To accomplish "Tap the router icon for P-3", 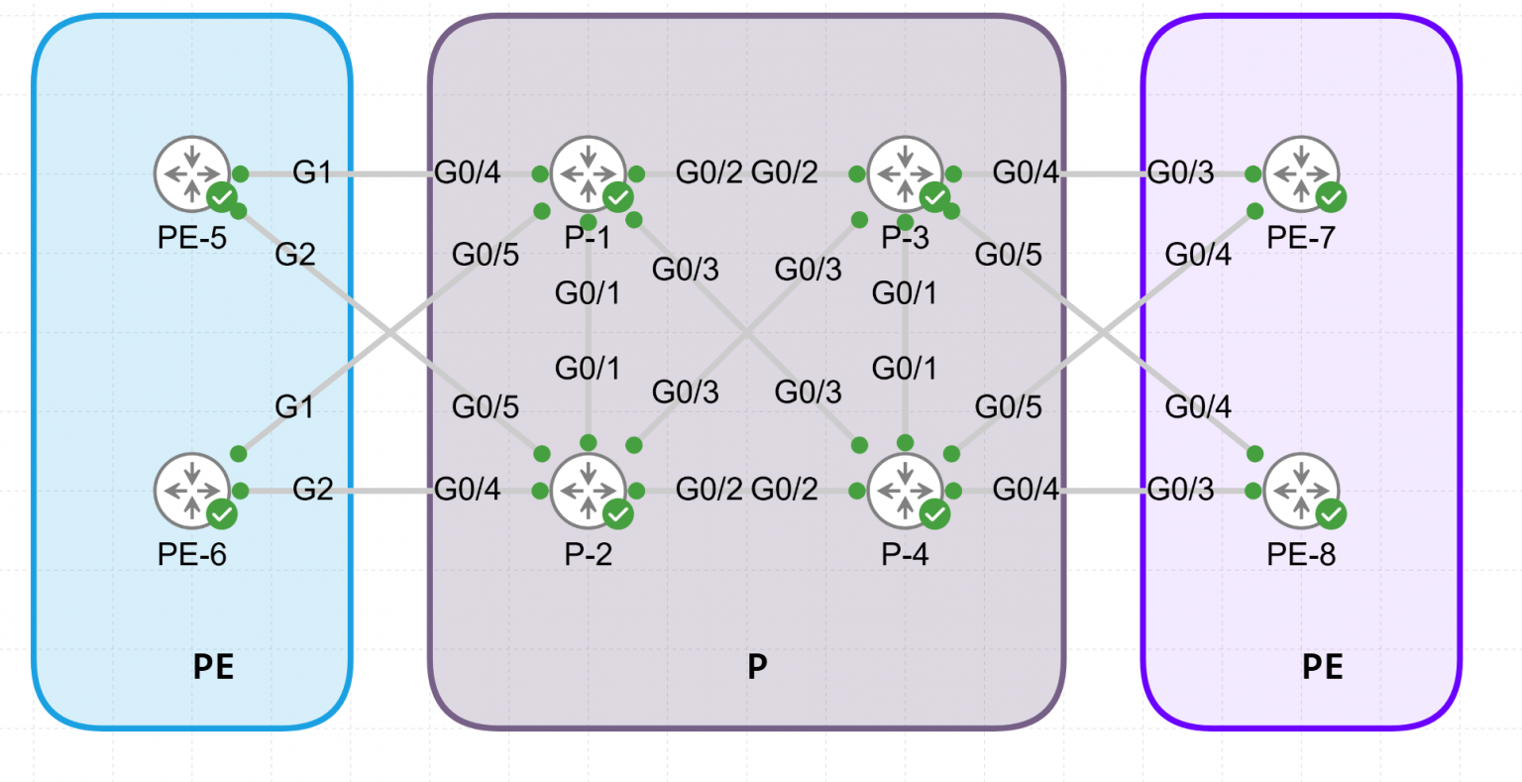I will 905,173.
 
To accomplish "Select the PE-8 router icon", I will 1301,491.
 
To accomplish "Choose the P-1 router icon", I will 589,173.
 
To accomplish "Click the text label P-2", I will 589,554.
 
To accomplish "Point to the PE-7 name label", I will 1301,238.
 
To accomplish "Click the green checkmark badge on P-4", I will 933,514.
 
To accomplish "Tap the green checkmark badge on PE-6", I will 222,514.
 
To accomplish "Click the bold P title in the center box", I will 757,667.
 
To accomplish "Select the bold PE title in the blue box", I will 213,667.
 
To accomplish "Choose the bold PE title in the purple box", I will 1322,667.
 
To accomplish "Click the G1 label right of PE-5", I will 312,172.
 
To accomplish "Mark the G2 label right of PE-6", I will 313,489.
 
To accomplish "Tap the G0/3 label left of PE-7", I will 1180,172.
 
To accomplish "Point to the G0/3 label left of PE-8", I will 1180,489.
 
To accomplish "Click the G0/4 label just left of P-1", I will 468,172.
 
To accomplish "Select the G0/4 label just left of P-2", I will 468,489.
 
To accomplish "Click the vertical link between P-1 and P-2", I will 590,332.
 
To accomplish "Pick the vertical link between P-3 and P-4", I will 906,332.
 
